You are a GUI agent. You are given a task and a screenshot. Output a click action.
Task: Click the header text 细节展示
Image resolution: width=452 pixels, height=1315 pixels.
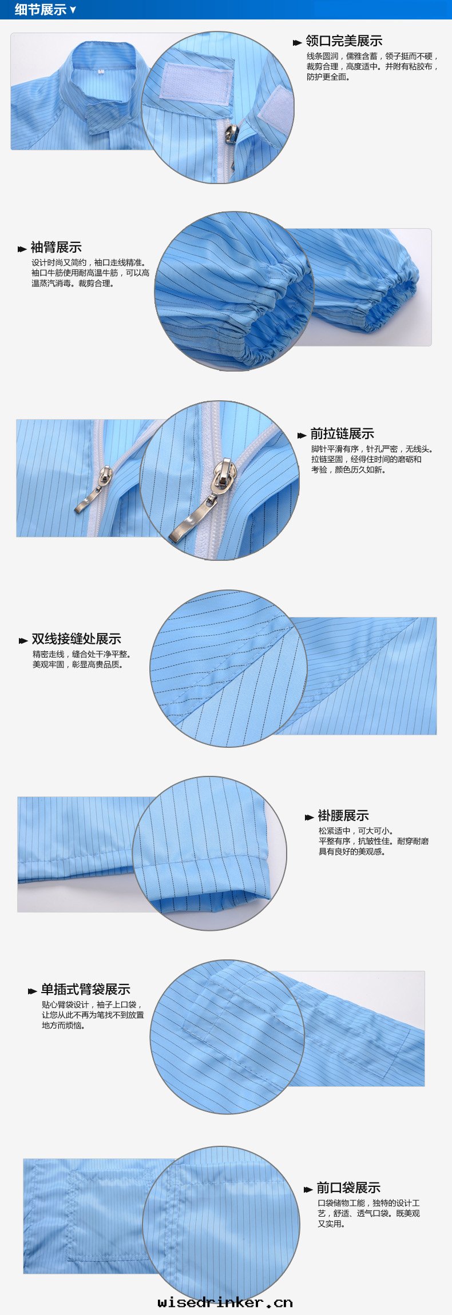41,10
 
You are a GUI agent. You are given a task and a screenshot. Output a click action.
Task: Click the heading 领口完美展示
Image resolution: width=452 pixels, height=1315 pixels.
344,41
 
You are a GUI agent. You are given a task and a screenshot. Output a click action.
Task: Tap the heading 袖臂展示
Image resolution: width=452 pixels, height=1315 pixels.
56,248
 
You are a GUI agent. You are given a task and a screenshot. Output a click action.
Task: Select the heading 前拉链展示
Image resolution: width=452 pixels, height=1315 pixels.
342,434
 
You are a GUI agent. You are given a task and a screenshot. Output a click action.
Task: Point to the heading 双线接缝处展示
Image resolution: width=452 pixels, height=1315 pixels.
76,639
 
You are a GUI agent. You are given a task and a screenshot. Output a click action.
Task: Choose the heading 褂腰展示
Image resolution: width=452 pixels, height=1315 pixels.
343,816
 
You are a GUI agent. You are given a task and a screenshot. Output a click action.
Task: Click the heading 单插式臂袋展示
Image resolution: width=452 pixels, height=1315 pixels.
85,990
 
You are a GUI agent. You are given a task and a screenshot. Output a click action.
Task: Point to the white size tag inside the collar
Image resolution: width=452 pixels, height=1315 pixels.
101,72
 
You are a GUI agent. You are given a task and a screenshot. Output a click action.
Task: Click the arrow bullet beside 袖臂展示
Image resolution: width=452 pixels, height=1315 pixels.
22,249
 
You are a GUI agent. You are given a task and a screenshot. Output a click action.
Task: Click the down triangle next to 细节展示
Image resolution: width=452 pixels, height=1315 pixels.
73,10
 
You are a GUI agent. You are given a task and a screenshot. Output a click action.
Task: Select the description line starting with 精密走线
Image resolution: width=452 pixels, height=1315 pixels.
82,654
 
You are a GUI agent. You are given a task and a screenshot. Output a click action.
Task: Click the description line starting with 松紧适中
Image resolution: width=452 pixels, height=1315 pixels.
356,831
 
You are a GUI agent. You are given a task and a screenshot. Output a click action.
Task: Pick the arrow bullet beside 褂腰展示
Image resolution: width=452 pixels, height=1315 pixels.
310,817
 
